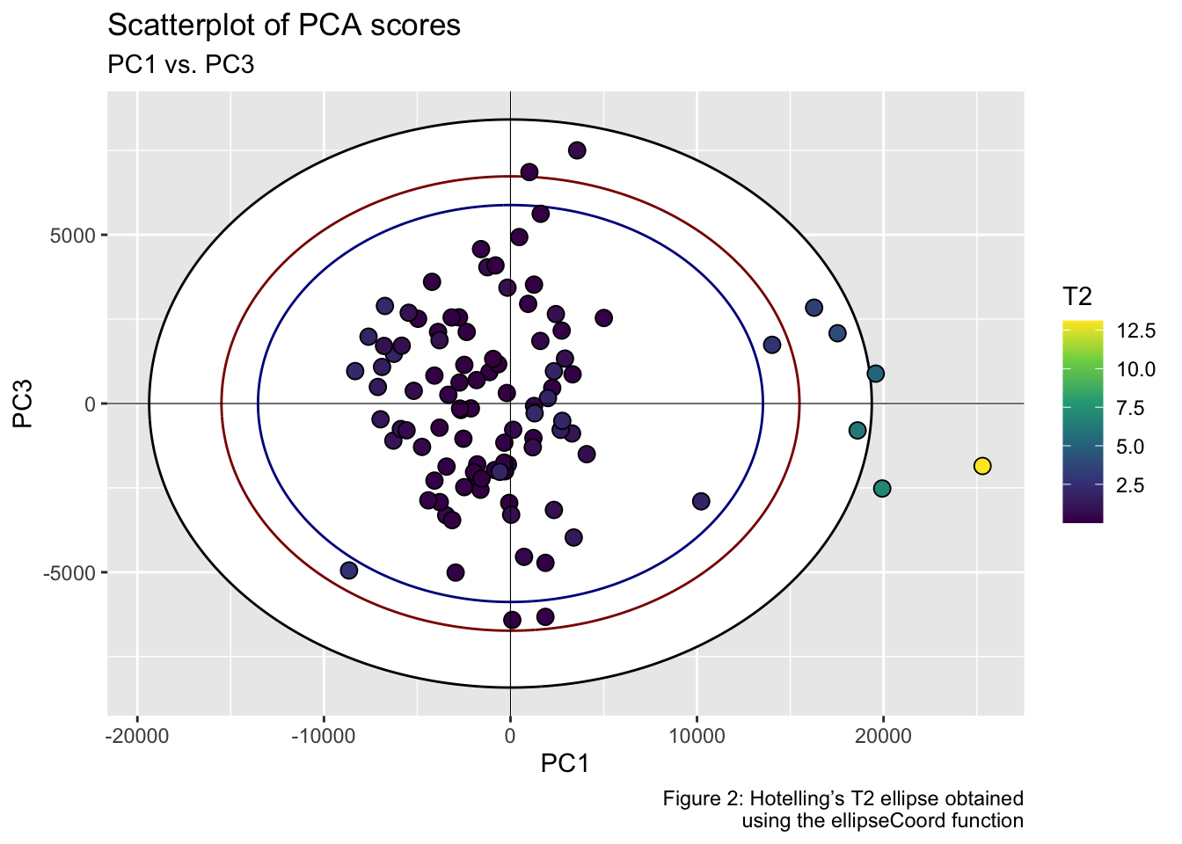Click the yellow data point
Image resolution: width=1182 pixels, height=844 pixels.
click(x=982, y=466)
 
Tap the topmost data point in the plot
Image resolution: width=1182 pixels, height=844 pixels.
click(x=577, y=150)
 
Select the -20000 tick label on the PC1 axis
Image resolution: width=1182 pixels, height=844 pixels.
click(x=136, y=735)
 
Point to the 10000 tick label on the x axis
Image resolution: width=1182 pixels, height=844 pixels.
click(x=697, y=735)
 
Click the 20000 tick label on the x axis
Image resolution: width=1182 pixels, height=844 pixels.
click(x=883, y=735)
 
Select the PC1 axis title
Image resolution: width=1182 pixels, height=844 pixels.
click(x=565, y=764)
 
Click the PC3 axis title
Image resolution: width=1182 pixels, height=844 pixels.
click(x=24, y=404)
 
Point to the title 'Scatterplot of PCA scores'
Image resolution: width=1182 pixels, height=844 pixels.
click(x=284, y=25)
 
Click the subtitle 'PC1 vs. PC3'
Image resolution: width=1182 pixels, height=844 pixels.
click(x=181, y=64)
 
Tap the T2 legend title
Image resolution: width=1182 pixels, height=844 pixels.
click(x=1077, y=297)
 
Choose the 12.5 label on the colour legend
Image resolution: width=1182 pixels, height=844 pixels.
click(x=1136, y=331)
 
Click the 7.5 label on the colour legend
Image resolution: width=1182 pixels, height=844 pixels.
click(x=1131, y=408)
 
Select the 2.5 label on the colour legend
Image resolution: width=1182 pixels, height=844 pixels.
click(x=1131, y=485)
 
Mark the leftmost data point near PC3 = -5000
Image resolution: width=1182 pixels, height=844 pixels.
click(x=349, y=571)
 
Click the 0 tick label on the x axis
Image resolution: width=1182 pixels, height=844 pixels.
click(x=510, y=735)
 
